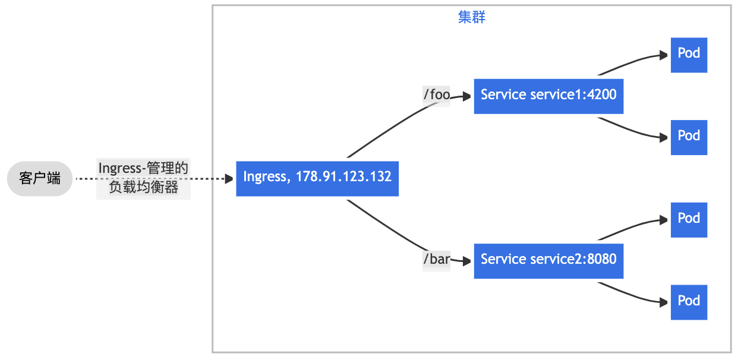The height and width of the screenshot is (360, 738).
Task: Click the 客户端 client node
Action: (x=40, y=179)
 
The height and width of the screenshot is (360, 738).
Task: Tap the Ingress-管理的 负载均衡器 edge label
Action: (x=143, y=178)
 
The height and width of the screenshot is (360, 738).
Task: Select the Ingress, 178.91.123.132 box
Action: (x=317, y=179)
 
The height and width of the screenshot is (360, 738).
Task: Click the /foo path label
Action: (x=436, y=95)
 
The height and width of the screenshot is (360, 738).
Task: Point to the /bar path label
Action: (x=436, y=259)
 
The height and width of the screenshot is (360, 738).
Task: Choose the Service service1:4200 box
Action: (x=548, y=96)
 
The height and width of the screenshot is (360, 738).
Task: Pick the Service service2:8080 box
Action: (x=548, y=261)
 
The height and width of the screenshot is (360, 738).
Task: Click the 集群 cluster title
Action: (x=471, y=17)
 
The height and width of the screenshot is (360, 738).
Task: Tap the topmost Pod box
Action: (x=689, y=55)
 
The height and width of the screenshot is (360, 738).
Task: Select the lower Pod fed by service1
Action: (x=689, y=137)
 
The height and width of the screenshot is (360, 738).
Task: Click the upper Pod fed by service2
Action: (x=689, y=220)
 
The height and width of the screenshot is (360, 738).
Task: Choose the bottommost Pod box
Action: (x=689, y=302)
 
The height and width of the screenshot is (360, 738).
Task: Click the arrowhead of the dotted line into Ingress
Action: (x=229, y=179)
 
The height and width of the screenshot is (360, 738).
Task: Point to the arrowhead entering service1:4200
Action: (x=467, y=96)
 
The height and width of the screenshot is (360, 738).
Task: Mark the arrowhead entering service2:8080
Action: (x=467, y=261)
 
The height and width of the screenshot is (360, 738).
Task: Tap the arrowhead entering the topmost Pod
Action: (x=664, y=55)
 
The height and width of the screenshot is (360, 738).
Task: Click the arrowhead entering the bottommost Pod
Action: (x=664, y=302)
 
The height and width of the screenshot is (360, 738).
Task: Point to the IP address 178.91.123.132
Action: (x=343, y=176)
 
